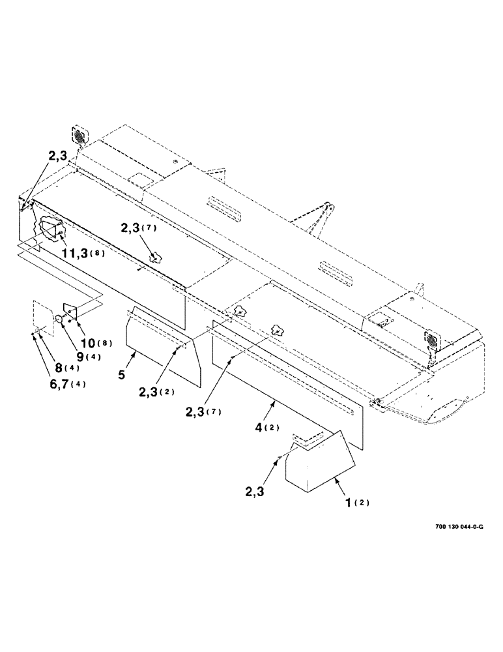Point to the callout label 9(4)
click(76, 357)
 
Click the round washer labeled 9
click(58, 319)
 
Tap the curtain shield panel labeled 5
click(163, 346)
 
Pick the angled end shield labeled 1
click(319, 463)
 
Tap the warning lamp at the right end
click(431, 339)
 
